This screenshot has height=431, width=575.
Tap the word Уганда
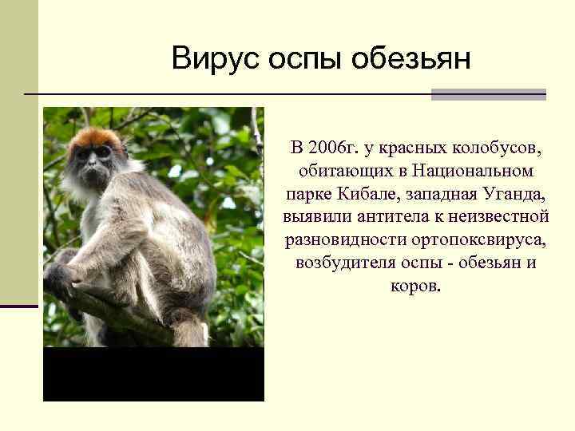click(510, 194)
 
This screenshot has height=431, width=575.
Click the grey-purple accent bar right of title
click(488, 94)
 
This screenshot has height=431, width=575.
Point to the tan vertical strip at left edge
click(18, 152)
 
